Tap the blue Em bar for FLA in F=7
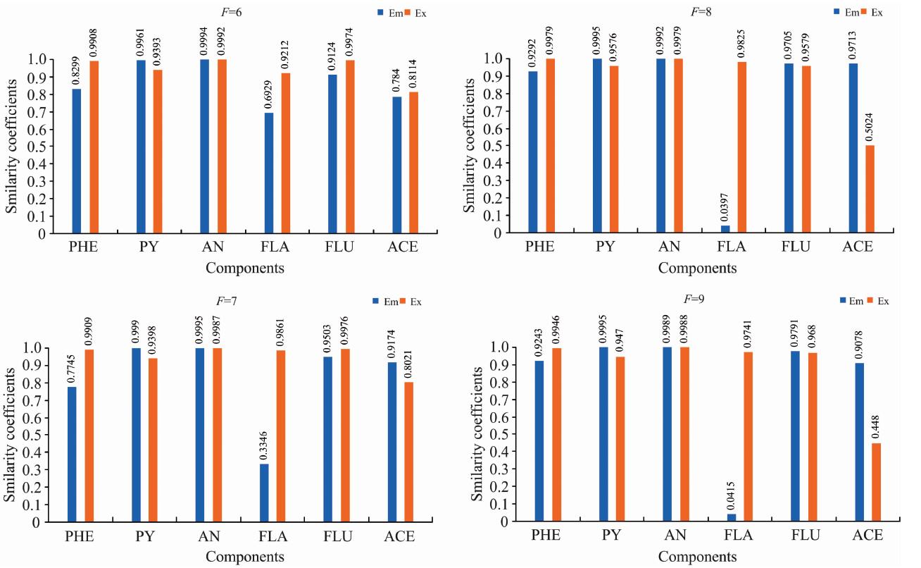click(x=264, y=493)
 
